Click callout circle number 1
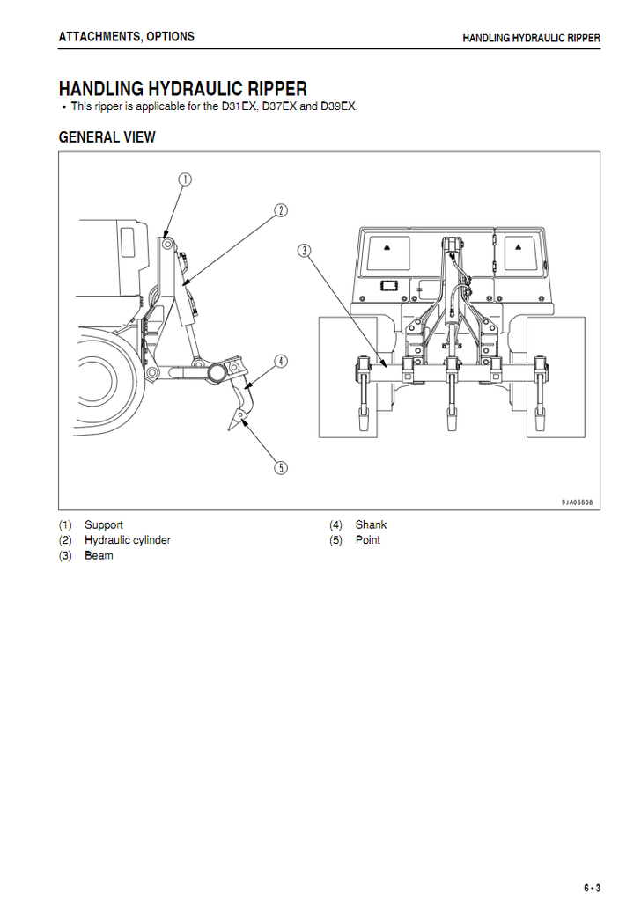point(185,179)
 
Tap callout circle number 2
point(281,210)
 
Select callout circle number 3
point(304,251)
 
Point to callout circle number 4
point(281,362)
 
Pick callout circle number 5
point(281,468)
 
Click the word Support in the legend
point(104,524)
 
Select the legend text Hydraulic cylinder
point(128,540)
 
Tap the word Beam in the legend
point(99,556)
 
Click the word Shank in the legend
point(371,524)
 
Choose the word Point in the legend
point(368,540)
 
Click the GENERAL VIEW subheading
point(107,137)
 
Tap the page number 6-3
point(593,888)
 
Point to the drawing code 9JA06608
point(578,502)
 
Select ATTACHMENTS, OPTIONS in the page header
point(127,37)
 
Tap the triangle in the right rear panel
point(518,247)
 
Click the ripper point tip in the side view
point(230,430)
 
